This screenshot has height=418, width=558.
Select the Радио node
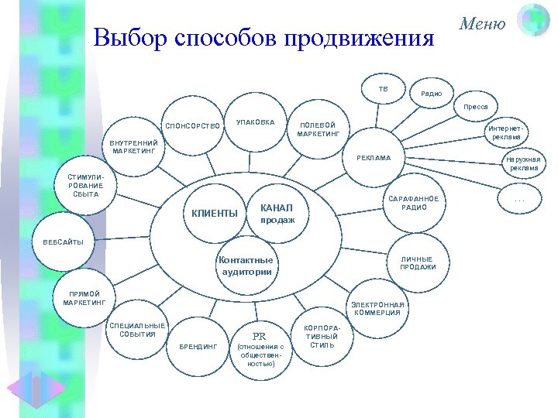[x=431, y=94]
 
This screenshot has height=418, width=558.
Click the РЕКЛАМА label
[x=374, y=159]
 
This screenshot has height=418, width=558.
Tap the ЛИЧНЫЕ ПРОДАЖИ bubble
[x=417, y=263]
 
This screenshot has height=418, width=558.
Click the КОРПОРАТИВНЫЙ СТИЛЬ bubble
[x=321, y=337]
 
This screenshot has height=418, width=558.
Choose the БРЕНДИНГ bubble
[x=198, y=346]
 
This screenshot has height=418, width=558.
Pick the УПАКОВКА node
[x=255, y=122]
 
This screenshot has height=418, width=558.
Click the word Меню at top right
[x=482, y=24]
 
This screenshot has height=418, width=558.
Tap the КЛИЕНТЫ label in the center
[x=210, y=214]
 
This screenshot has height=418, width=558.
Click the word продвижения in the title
[x=360, y=38]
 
